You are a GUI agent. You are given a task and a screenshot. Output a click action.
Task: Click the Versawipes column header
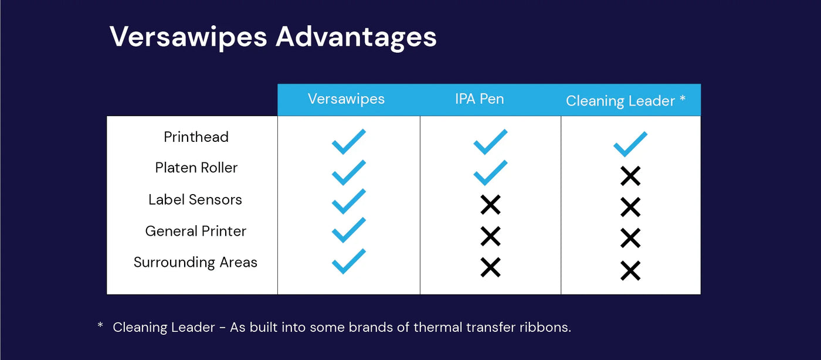click(x=346, y=99)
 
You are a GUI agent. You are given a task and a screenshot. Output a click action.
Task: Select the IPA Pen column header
click(x=479, y=99)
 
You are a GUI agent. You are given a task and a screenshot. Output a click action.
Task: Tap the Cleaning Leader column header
click(x=625, y=101)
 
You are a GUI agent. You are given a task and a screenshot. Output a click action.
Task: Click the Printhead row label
click(x=196, y=137)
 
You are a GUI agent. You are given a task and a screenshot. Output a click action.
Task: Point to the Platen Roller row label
click(x=196, y=168)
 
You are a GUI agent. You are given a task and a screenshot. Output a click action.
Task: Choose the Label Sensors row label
click(x=195, y=199)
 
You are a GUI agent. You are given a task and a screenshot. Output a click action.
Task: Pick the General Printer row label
click(x=196, y=231)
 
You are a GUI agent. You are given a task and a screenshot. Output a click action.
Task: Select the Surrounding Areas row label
click(x=195, y=262)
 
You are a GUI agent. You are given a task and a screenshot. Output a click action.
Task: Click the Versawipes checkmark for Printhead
click(x=348, y=141)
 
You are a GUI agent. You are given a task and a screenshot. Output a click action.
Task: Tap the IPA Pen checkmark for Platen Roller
click(x=490, y=172)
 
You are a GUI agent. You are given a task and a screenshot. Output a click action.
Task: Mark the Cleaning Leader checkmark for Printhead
click(x=630, y=144)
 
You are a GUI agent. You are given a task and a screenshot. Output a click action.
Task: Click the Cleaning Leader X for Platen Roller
click(x=630, y=176)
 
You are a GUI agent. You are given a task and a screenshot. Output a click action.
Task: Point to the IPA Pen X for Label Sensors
click(x=490, y=205)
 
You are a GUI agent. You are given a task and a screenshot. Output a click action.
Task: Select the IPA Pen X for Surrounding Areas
click(x=490, y=267)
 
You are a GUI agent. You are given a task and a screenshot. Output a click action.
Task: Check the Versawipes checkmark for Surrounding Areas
click(x=348, y=261)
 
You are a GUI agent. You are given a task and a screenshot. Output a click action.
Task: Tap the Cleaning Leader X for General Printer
click(x=630, y=238)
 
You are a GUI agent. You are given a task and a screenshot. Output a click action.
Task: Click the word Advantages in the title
click(x=356, y=37)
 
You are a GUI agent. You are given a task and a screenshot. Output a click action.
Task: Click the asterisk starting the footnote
click(x=100, y=325)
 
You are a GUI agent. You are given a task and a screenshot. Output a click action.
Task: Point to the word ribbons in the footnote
click(x=545, y=327)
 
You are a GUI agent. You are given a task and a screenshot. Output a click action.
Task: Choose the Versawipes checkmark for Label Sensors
click(x=348, y=201)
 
